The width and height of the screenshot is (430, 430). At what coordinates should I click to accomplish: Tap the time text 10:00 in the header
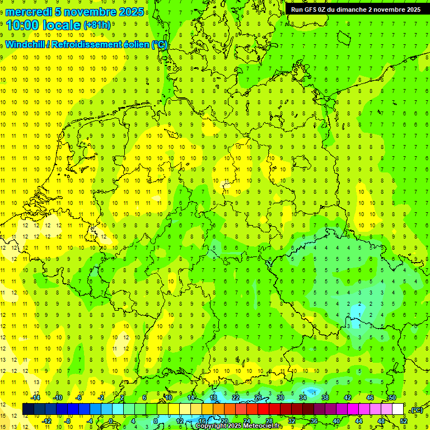pos(25,25)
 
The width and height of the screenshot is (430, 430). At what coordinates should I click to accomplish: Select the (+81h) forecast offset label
pos(96,25)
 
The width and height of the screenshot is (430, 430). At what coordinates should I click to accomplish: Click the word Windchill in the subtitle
pos(25,45)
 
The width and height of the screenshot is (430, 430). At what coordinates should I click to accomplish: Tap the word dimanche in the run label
pos(349,10)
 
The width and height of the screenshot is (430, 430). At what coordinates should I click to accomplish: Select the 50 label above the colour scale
pos(392,398)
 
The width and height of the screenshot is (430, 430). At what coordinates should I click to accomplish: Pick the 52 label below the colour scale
pos(403,420)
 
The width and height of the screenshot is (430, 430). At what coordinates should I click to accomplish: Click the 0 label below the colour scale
pos(111,420)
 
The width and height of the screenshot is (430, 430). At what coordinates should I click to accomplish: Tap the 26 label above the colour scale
pos(258,398)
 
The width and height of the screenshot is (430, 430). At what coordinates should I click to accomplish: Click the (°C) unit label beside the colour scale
pos(416,409)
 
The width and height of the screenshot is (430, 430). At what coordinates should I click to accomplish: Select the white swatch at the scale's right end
pos(398,409)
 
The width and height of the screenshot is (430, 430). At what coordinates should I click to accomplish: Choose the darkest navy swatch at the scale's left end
pos(28,409)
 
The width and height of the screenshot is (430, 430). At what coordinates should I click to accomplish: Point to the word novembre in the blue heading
pos(88,12)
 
